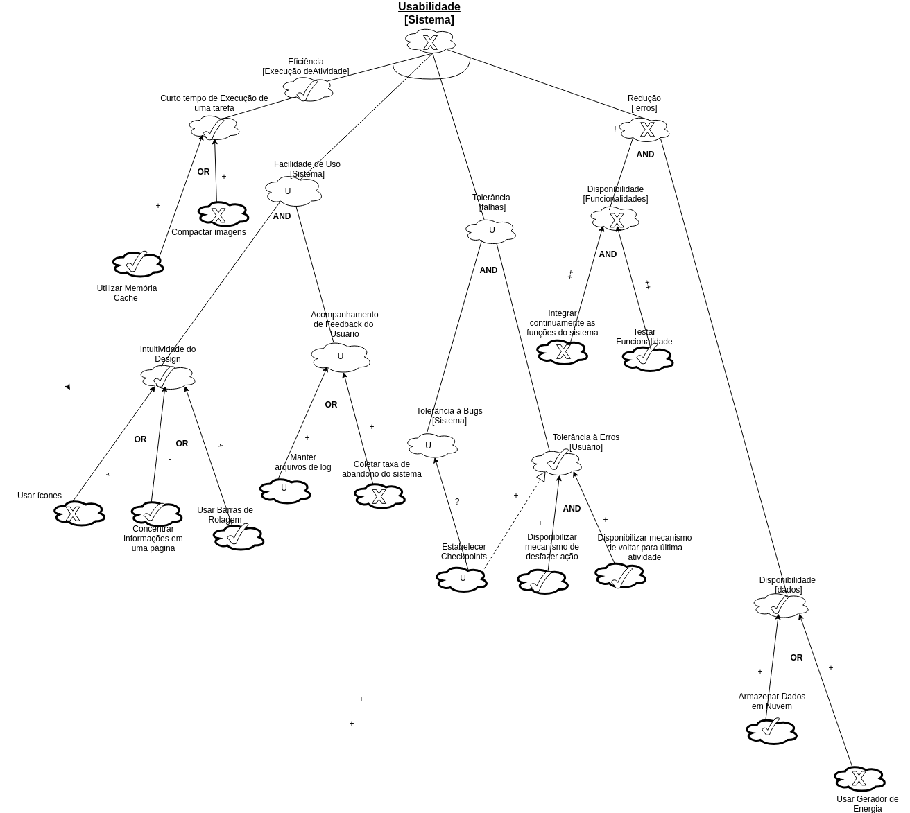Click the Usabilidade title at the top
[429, 7]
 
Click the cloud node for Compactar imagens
[223, 215]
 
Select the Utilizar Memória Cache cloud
[137, 264]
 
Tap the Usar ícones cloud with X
[79, 514]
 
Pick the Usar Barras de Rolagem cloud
[238, 537]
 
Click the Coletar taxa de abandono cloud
[379, 496]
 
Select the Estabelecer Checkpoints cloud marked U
[461, 579]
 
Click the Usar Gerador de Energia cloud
[859, 779]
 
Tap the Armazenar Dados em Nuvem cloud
[771, 731]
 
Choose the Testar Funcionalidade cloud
[648, 359]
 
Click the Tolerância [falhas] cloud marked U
[490, 231]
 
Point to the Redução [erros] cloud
[644, 130]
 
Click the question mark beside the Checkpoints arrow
[457, 502]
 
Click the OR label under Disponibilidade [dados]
[796, 658]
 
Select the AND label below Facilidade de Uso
[282, 216]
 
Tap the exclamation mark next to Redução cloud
[615, 130]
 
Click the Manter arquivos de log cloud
[284, 491]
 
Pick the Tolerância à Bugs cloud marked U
[431, 445]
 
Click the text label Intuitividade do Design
[168, 354]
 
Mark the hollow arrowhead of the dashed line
[541, 476]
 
